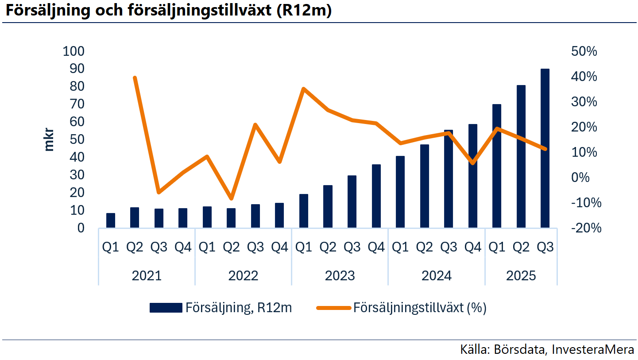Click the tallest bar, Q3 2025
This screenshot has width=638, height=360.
pyautogui.click(x=545, y=148)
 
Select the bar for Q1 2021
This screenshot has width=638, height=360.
pyautogui.click(x=111, y=221)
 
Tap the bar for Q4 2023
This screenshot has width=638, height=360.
pyautogui.click(x=376, y=196)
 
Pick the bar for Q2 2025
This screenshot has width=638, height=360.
pyautogui.click(x=521, y=156)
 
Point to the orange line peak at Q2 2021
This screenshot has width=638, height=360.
pyautogui.click(x=135, y=78)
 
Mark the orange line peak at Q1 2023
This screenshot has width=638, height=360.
pyautogui.click(x=303, y=89)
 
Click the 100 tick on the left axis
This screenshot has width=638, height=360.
pyautogui.click(x=73, y=51)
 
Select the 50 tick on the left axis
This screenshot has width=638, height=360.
pyautogui.click(x=77, y=139)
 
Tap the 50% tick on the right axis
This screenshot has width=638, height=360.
pyautogui.click(x=584, y=51)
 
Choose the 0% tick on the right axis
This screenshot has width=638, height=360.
pyautogui.click(x=588, y=178)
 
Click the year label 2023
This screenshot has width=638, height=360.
pyautogui.click(x=340, y=276)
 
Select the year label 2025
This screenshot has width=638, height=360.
pyautogui.click(x=521, y=276)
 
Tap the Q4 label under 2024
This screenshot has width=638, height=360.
pyautogui.click(x=472, y=247)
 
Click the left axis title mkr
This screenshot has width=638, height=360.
pyautogui.click(x=49, y=139)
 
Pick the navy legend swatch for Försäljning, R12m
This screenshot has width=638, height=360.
pyautogui.click(x=166, y=308)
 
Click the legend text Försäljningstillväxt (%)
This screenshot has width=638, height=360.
pyautogui.click(x=420, y=308)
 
